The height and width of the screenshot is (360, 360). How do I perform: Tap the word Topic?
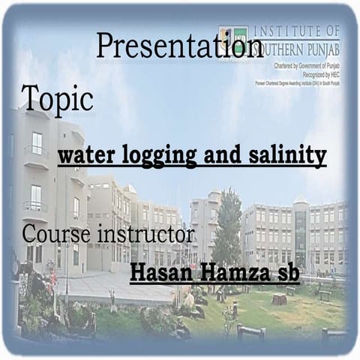[57, 97]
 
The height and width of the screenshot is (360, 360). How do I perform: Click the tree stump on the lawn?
[279, 299]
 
